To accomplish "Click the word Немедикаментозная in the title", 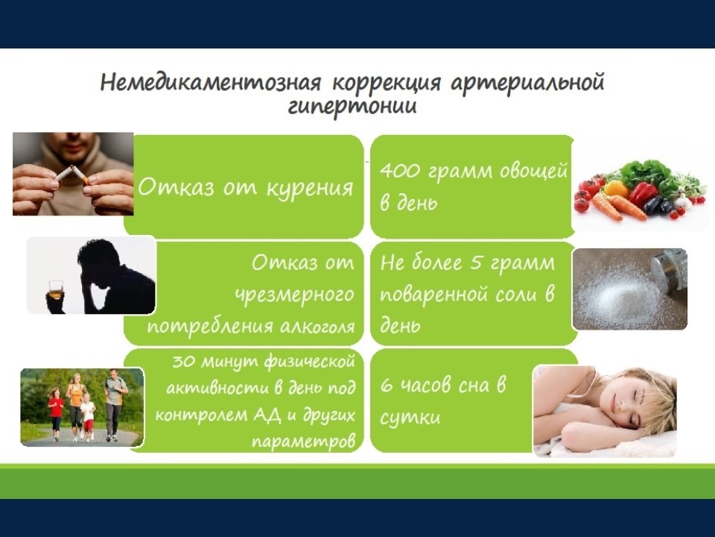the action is [210, 83].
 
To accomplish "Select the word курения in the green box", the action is [310, 188].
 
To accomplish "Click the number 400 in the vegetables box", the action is [399, 171].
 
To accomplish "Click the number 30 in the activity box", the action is [183, 362].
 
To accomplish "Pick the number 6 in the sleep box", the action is [387, 386].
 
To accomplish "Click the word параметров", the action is [303, 442].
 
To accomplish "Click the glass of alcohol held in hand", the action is [56, 289].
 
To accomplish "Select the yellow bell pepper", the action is [616, 188].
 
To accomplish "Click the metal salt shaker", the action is [670, 268].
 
